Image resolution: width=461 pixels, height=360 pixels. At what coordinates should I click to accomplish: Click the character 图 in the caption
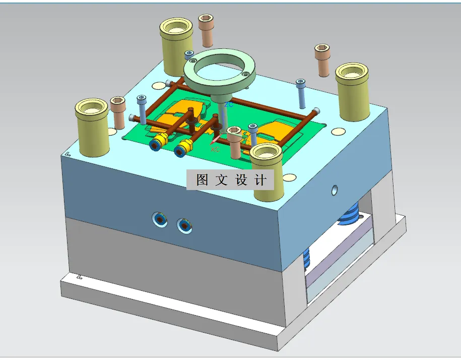click(x=203, y=180)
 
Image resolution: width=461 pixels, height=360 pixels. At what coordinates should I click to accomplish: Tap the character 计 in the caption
click(x=261, y=180)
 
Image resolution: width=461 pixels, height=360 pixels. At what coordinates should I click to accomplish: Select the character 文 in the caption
click(x=222, y=180)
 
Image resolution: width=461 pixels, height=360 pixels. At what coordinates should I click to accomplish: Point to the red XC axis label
click(x=215, y=149)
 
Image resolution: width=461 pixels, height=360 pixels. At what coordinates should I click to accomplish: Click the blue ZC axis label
click(x=229, y=104)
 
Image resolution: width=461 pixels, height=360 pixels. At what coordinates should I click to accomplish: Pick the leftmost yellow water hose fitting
click(x=159, y=142)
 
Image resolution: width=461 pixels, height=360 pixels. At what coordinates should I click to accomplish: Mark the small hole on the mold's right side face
click(x=334, y=190)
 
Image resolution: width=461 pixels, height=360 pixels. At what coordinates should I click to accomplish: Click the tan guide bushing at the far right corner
click(x=354, y=91)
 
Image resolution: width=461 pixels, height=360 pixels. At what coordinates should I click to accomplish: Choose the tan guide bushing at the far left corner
click(x=92, y=126)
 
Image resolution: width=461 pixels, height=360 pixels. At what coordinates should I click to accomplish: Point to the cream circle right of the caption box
click(x=289, y=177)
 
